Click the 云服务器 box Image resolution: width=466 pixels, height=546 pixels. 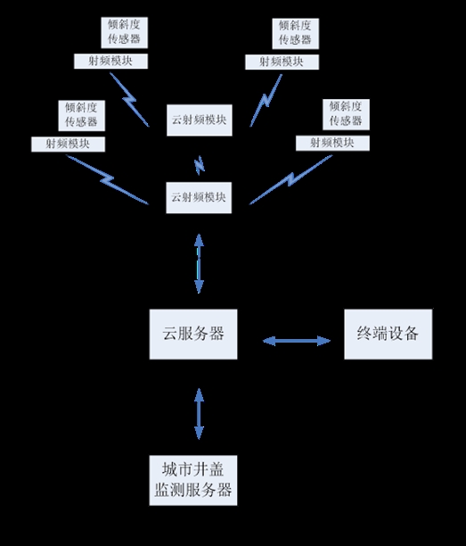click(x=193, y=334)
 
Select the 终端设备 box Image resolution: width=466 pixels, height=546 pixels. click(x=388, y=334)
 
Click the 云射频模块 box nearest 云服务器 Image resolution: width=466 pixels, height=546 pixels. click(x=200, y=196)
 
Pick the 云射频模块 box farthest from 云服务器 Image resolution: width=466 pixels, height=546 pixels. click(x=200, y=120)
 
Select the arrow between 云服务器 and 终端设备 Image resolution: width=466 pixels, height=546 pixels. click(x=296, y=340)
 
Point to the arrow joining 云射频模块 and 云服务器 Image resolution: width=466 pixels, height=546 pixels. click(x=198, y=264)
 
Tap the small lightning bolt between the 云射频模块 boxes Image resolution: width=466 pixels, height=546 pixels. click(x=200, y=164)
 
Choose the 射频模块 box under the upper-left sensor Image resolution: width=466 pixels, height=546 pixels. click(x=110, y=62)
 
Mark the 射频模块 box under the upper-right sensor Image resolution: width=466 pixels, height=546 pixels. click(x=280, y=62)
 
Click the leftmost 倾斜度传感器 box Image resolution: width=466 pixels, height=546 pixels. click(x=80, y=114)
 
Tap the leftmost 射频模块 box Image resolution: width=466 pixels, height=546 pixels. click(x=68, y=143)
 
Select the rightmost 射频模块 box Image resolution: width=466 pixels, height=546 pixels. click(x=331, y=143)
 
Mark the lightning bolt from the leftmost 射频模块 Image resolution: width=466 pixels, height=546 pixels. click(x=107, y=179)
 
